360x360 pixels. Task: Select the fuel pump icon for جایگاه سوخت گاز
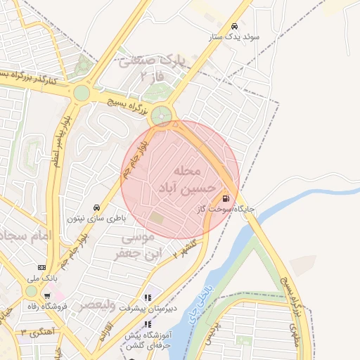226,198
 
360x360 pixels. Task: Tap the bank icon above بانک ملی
42,268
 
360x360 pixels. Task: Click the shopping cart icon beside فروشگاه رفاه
47,295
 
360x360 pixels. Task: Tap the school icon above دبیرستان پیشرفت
148,297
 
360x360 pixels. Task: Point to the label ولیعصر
97,304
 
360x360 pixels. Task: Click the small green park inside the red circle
155,219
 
